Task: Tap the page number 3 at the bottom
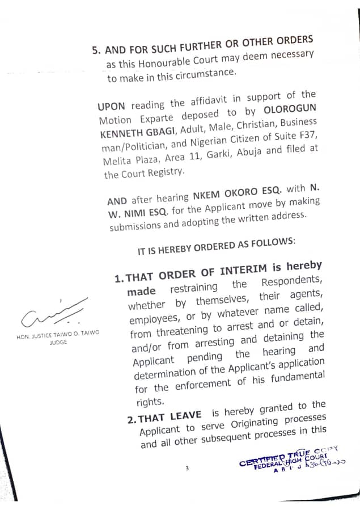187,469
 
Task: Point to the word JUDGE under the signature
58,342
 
